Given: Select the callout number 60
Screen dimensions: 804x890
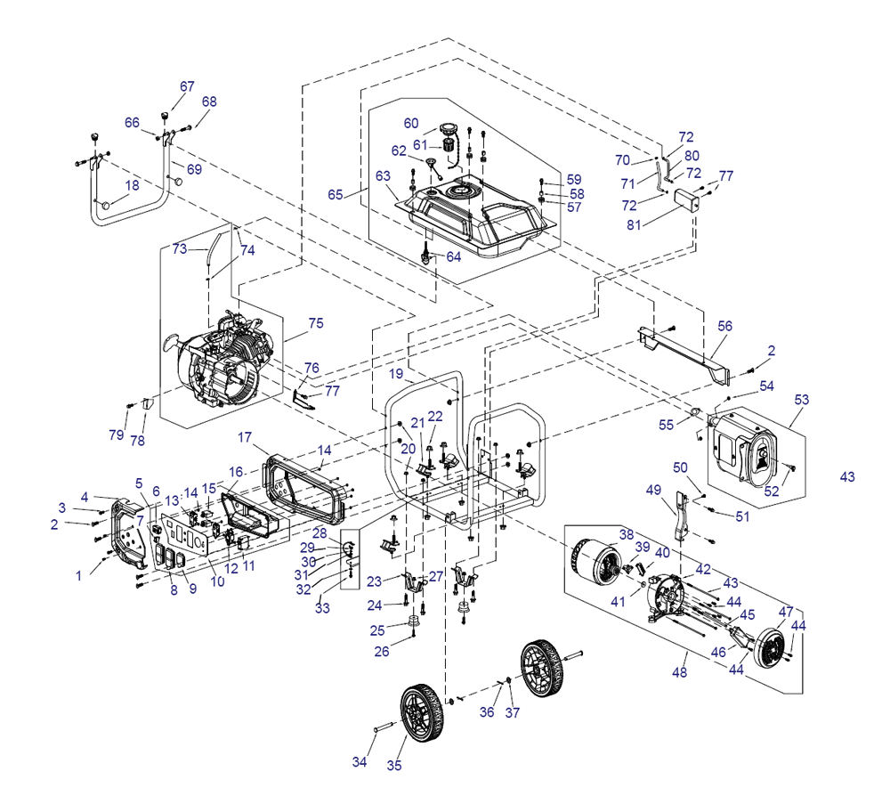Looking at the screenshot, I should point(410,123).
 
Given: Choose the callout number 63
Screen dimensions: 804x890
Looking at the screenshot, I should point(384,175).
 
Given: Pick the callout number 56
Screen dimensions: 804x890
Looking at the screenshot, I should point(725,327).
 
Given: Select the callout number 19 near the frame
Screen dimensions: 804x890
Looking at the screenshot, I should point(396,374).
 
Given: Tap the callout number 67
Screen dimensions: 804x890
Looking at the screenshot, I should point(187,86).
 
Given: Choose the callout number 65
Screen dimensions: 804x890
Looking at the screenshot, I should point(335,194).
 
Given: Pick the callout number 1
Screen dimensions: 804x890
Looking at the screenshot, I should point(78,576).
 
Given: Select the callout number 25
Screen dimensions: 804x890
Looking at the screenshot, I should point(377,630).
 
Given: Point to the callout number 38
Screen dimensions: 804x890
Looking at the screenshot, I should point(627,535).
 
